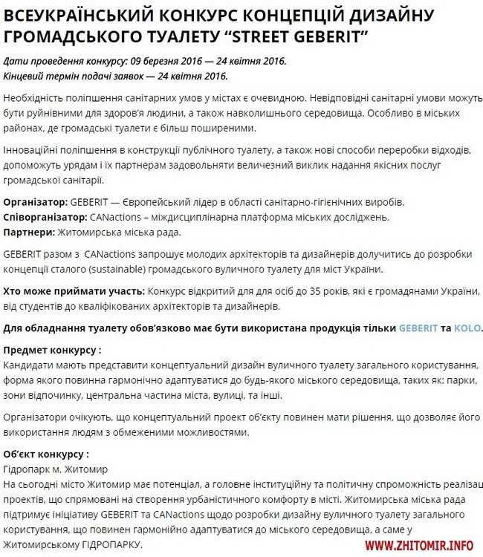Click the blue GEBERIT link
point(419,328)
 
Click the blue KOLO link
point(467,328)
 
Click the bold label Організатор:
point(36,202)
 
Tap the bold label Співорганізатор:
point(45,217)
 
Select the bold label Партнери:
point(29,232)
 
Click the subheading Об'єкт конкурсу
point(46,454)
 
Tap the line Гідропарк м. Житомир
point(56,469)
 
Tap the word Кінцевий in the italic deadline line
point(25,75)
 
